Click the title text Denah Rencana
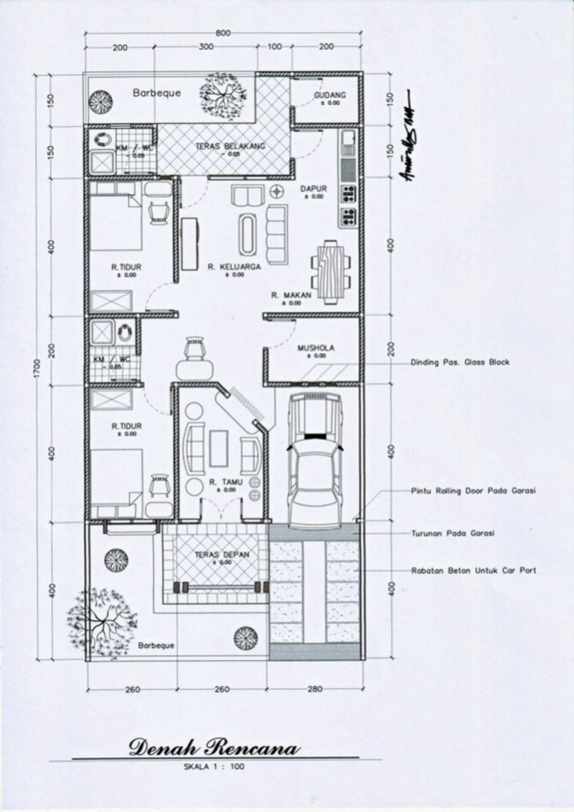215,749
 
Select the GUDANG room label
330,95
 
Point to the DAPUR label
314,188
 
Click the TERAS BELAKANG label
230,145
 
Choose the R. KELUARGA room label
233,267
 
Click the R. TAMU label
222,483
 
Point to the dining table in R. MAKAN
331,271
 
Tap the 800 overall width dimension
222,33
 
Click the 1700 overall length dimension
37,365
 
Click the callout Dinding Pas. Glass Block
460,363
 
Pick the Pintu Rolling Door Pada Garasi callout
474,491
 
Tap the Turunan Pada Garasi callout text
453,533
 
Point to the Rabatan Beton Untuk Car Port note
474,570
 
